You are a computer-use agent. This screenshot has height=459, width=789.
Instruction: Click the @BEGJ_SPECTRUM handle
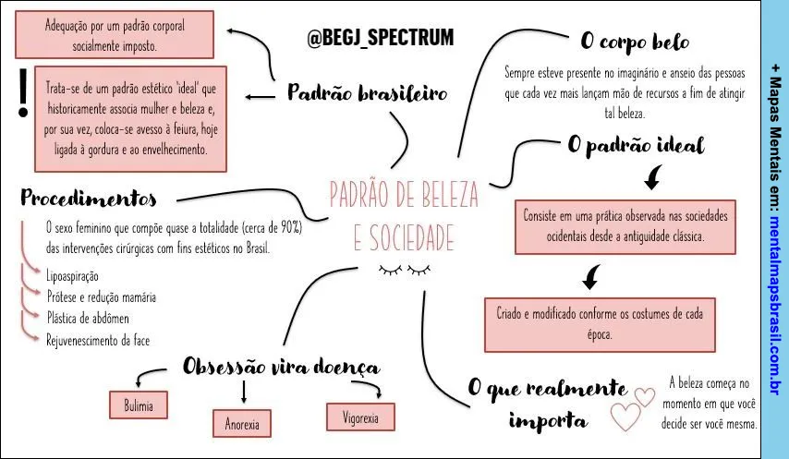[381, 38]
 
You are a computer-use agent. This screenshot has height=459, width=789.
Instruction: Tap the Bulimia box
[139, 405]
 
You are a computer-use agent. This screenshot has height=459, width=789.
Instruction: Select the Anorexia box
[242, 423]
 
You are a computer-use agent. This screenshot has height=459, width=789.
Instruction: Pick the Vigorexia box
[360, 417]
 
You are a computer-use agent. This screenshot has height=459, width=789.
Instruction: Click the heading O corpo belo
[635, 42]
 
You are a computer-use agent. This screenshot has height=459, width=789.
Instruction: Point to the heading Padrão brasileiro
[368, 92]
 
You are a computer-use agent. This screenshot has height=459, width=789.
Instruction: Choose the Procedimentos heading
[89, 198]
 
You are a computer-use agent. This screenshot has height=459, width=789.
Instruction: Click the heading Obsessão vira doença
[281, 366]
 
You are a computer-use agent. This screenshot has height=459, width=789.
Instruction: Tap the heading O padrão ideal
[636, 145]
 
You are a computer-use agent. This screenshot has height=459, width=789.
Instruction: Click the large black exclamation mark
[23, 93]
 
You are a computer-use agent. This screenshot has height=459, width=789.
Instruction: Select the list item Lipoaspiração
[72, 276]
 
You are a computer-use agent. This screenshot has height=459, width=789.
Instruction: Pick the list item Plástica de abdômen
[88, 319]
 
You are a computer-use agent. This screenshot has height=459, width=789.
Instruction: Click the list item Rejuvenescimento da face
[98, 341]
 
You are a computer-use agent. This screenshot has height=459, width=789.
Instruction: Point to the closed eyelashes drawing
[405, 271]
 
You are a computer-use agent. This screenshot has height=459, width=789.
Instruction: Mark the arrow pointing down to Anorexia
[244, 392]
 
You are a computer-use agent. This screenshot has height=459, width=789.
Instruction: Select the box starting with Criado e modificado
[600, 325]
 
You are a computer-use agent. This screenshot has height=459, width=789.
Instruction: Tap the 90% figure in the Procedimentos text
[290, 228]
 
